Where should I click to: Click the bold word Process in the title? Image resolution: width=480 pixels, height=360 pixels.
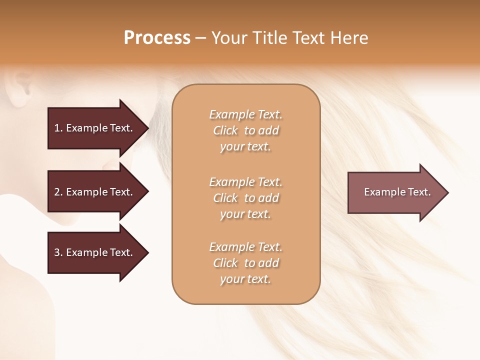157,38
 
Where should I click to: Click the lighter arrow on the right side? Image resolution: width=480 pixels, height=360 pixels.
395,192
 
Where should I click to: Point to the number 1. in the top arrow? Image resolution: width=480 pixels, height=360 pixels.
58,128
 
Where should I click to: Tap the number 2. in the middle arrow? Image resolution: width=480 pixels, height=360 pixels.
58,192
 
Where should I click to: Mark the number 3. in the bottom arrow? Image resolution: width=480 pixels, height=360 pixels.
58,252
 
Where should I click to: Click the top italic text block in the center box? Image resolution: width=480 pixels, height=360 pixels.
245,130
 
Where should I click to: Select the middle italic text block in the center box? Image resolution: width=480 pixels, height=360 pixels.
245,198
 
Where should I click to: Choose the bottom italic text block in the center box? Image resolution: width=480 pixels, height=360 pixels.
245,263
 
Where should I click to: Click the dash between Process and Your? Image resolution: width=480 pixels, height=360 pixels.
200,38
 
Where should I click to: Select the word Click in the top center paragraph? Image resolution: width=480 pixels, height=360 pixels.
225,130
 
